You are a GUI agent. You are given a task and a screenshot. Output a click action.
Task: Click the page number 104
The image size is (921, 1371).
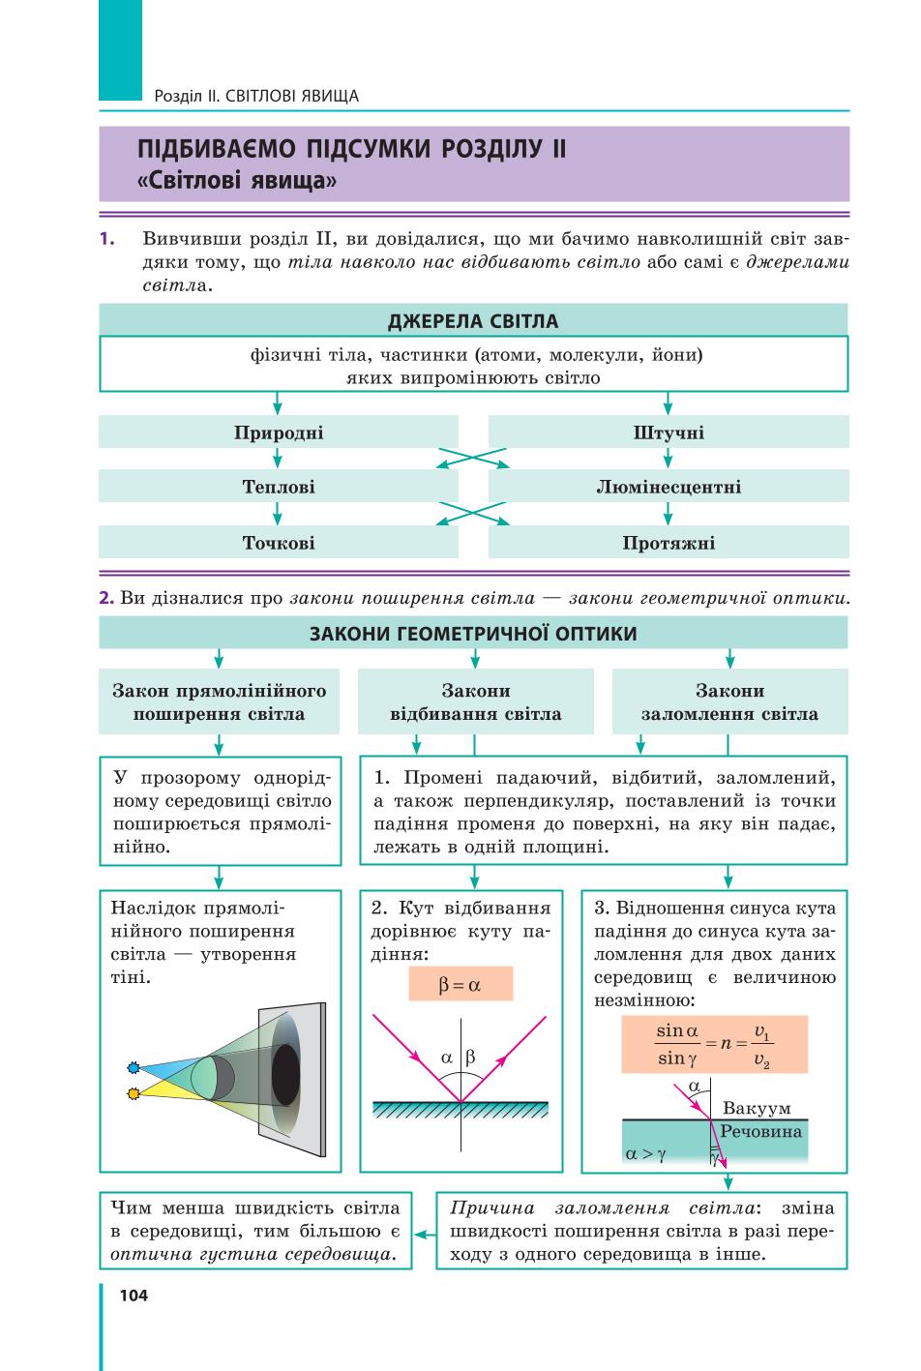[x=134, y=1296]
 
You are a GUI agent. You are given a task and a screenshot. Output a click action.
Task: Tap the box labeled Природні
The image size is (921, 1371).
[x=279, y=432]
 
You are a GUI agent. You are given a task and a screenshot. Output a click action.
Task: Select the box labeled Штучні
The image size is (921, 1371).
[x=668, y=432]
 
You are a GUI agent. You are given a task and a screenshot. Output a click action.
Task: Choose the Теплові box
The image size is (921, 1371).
[x=279, y=487]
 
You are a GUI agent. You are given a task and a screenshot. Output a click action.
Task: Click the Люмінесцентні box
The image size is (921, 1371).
[x=668, y=487]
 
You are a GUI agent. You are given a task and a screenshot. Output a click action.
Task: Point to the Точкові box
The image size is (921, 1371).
[x=279, y=542]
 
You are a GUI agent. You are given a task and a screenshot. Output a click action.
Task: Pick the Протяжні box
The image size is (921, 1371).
[x=668, y=542]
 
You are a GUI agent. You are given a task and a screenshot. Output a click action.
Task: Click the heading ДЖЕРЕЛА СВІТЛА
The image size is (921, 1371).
[x=473, y=320]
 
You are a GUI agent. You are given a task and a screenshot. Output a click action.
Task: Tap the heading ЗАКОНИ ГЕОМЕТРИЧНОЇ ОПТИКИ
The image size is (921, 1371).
[x=473, y=633]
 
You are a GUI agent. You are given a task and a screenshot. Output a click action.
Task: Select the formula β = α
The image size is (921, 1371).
[x=460, y=984]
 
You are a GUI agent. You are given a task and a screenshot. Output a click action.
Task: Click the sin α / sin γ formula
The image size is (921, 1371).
[x=714, y=1044]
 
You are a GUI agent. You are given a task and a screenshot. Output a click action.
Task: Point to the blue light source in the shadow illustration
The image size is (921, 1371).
[x=134, y=1067]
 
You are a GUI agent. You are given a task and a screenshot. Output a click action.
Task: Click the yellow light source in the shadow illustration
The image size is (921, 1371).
[x=134, y=1093]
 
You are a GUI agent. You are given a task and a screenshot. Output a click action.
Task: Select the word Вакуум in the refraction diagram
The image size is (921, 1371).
[x=757, y=1108]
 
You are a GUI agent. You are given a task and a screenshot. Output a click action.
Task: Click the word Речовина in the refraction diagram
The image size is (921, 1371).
[x=760, y=1131]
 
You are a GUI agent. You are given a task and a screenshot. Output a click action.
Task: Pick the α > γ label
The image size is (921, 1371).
[x=645, y=1154]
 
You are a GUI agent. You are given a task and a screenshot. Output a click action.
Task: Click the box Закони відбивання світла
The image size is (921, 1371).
[x=475, y=701]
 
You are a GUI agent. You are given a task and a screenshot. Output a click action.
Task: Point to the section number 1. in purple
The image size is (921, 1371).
[x=107, y=239]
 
